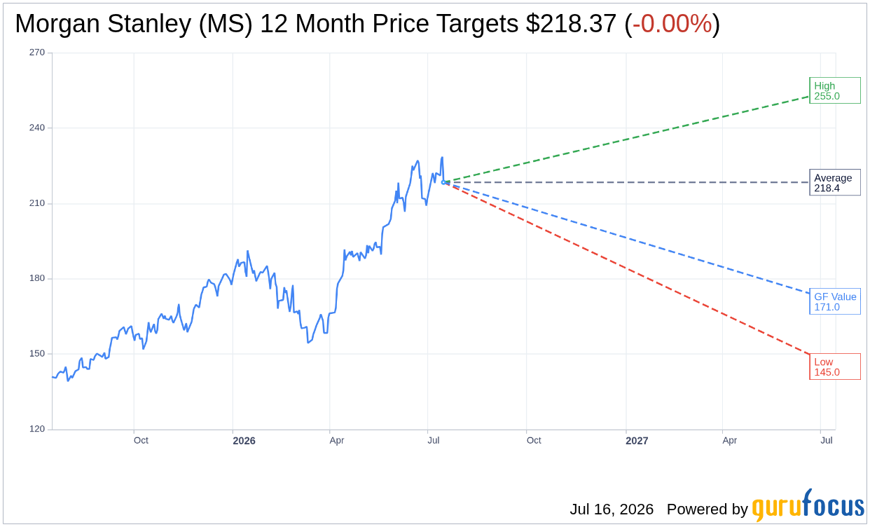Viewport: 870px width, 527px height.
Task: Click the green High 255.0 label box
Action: coord(835,90)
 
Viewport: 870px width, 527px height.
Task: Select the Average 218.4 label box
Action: coord(835,182)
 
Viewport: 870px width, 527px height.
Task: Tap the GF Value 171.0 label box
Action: coord(835,301)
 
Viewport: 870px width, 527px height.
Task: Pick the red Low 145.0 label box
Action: coord(835,367)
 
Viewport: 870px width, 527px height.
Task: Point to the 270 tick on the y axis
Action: coord(37,53)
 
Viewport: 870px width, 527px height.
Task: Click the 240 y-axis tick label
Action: coord(37,128)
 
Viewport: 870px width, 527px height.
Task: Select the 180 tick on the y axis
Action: coord(37,278)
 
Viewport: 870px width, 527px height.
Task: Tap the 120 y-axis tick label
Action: coord(37,429)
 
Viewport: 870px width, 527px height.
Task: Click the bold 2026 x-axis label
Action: coord(244,441)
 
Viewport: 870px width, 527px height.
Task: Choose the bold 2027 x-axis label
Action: coord(637,441)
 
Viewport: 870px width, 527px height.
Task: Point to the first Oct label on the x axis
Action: coord(141,440)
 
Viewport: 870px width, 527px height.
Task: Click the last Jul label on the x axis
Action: coord(827,440)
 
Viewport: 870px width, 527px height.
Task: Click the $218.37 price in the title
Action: coord(571,24)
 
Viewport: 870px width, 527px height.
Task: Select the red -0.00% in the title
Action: coord(672,24)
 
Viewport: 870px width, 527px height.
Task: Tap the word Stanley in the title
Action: coord(149,24)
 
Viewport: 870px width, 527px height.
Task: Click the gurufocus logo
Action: coord(808,505)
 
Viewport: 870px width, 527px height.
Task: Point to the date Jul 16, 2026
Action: coord(612,509)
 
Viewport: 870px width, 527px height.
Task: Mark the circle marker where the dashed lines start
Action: coord(443,182)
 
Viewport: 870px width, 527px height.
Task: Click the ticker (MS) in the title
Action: coord(226,24)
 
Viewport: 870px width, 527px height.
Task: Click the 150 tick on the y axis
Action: coord(37,354)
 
